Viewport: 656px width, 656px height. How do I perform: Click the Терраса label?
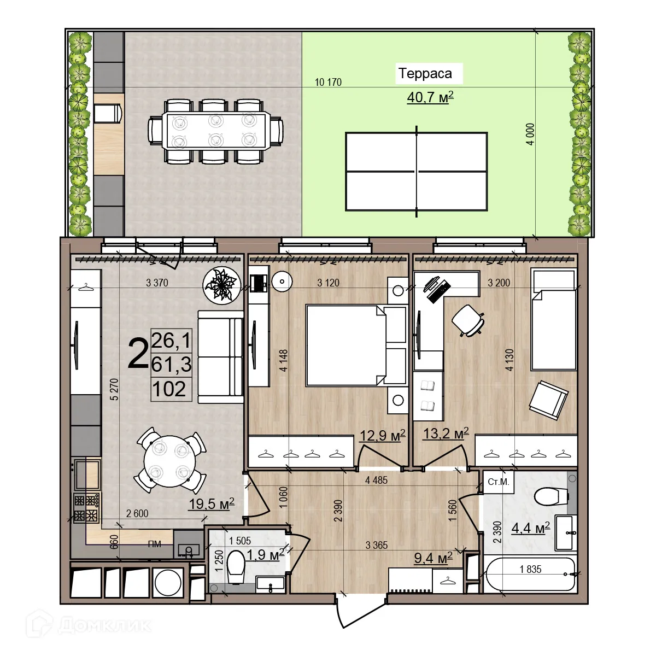[425, 73]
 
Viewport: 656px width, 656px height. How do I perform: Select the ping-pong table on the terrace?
[416, 172]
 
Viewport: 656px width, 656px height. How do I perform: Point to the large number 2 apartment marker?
[138, 354]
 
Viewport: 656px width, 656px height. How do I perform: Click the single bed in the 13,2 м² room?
[554, 321]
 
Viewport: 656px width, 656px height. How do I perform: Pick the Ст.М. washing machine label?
[498, 482]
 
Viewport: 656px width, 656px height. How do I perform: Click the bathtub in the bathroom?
[529, 574]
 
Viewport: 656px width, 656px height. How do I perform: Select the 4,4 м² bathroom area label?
[530, 529]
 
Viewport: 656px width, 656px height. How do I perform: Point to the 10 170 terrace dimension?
[328, 82]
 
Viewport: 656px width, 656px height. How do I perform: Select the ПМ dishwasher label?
[155, 544]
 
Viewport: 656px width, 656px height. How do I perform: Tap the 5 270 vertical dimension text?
[114, 389]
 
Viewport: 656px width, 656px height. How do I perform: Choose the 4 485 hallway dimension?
[376, 481]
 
